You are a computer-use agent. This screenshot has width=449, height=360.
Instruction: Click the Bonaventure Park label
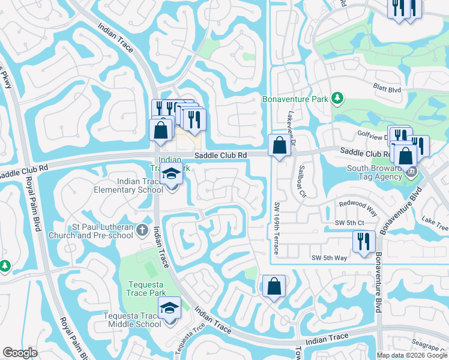tap(296, 98)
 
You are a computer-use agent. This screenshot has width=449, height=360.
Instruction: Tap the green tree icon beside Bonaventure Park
tap(338, 98)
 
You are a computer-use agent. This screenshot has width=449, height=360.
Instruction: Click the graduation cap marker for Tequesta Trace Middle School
tap(170, 308)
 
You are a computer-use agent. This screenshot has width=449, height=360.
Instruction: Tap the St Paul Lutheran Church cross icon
tap(141, 229)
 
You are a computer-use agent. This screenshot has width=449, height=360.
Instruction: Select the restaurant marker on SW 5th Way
tap(364, 241)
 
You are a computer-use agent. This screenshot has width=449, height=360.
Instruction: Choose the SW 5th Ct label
tap(350, 223)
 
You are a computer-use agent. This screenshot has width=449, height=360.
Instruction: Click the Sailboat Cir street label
tap(302, 181)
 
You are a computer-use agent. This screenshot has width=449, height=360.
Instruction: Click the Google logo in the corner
tap(20, 353)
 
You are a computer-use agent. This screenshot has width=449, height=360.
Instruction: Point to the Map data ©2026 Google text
tap(412, 355)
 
